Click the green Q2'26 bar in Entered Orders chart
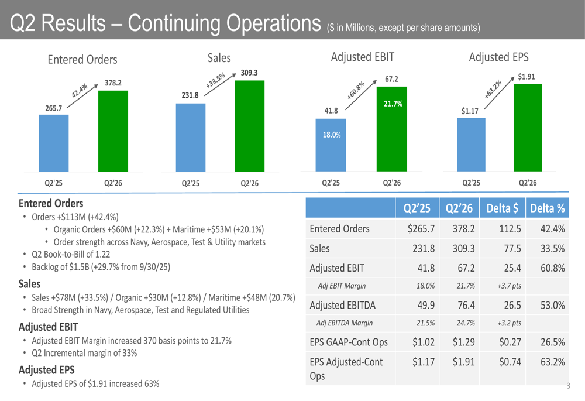(x=113, y=131)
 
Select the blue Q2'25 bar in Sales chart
(x=191, y=138)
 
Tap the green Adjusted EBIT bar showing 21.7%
(x=392, y=129)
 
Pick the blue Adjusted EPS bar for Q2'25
(x=471, y=145)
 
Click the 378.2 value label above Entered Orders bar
(x=113, y=83)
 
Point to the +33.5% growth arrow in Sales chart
(x=220, y=84)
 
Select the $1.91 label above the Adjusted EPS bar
(x=526, y=77)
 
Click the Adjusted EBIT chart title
(x=362, y=57)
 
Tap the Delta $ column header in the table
(x=502, y=208)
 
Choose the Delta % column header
(x=548, y=208)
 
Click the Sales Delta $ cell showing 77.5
(x=512, y=249)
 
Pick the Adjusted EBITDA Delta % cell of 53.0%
(x=553, y=306)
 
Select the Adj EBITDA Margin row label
(x=345, y=323)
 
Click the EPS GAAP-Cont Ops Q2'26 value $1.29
(x=463, y=342)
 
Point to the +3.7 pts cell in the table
(x=510, y=286)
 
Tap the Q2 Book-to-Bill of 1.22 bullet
(x=71, y=254)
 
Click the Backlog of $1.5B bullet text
(x=101, y=267)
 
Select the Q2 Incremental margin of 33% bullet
(x=84, y=353)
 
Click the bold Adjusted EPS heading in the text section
(x=47, y=370)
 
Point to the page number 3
(x=568, y=386)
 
